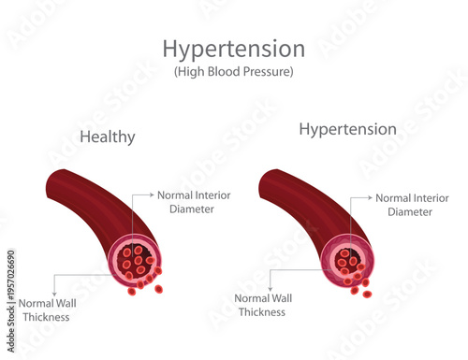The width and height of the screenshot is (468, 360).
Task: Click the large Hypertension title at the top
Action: (x=233, y=49)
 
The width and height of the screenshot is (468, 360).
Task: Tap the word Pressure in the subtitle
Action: (x=268, y=72)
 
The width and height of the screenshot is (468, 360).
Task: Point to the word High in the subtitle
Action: (x=197, y=72)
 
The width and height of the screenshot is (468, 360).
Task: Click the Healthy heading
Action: (x=108, y=137)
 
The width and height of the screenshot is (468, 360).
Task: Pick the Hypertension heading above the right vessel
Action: (x=347, y=128)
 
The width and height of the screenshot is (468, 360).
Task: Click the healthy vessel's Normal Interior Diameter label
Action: (x=194, y=202)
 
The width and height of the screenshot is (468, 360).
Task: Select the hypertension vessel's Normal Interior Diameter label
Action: (x=412, y=205)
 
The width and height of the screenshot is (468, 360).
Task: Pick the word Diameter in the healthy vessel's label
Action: (x=191, y=209)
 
